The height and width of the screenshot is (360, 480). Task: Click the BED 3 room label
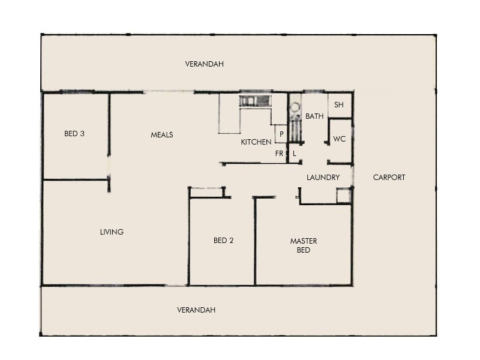point(74,134)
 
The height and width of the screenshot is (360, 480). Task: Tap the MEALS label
point(161,135)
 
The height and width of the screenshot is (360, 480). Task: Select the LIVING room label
point(112,232)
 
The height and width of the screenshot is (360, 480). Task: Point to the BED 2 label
point(223,241)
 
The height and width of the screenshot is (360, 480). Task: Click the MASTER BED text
point(304,245)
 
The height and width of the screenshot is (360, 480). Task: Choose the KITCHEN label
point(256,142)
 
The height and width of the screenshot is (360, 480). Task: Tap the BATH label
point(314,116)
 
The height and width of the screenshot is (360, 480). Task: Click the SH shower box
point(339,105)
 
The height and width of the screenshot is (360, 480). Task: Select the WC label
point(340,139)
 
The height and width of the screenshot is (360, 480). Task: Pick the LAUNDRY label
point(323,178)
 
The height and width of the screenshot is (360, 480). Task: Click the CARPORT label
point(389,178)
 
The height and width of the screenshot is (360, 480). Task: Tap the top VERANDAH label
point(204,64)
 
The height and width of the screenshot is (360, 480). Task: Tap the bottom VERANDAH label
point(196,310)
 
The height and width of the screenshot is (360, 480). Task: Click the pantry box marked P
point(281,134)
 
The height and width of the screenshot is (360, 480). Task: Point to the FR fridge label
point(279,154)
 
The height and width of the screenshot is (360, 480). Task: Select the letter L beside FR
point(295,154)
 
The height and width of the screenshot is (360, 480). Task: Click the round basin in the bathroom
point(295,109)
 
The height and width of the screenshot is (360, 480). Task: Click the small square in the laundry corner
point(343,196)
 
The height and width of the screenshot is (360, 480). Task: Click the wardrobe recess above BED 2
point(207,192)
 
